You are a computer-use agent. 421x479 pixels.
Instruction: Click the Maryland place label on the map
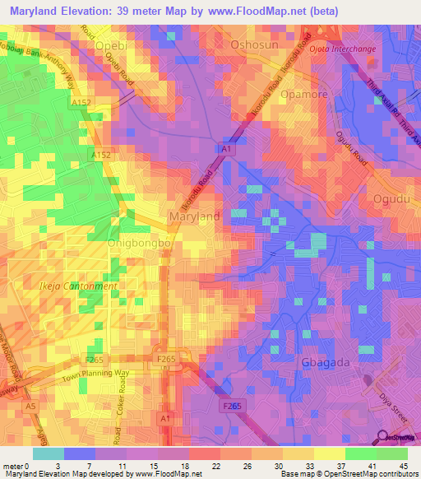194,216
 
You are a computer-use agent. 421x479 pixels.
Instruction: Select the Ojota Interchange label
344,49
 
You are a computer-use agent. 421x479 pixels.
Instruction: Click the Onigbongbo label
138,244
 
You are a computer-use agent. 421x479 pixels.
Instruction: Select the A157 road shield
80,102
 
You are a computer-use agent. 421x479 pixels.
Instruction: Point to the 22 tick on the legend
192,465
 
